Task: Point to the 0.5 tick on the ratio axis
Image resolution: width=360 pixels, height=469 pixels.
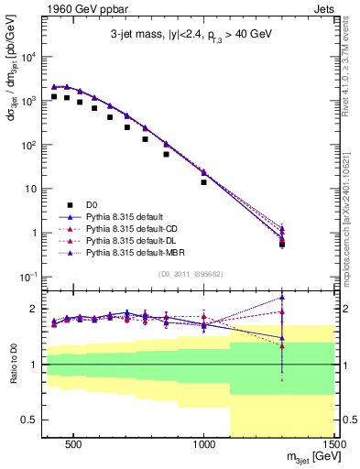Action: click(30, 420)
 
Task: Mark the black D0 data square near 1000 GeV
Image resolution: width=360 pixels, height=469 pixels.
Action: click(204, 182)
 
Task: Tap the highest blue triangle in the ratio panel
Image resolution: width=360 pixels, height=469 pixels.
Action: click(282, 298)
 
